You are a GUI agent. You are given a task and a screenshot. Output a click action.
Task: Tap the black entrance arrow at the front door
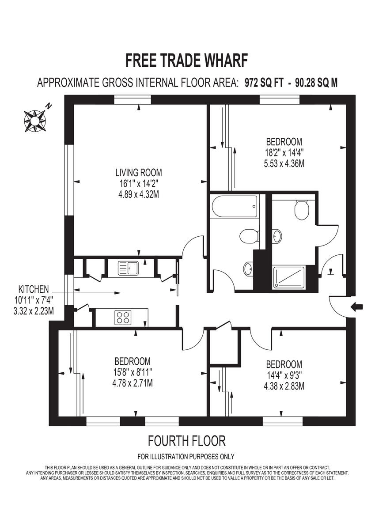tap(356, 307)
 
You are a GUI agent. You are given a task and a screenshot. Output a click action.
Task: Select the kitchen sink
tap(128, 268)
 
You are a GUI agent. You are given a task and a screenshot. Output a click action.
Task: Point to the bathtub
tap(235, 208)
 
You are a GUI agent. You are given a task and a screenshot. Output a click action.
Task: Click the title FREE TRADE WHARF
tap(187, 60)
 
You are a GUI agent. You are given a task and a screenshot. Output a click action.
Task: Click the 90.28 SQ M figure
tap(315, 83)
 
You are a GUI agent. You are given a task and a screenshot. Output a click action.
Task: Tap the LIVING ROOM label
tap(139, 172)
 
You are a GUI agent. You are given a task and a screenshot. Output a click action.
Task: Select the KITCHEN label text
tap(34, 289)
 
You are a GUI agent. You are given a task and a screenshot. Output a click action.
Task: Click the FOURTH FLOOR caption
tap(187, 440)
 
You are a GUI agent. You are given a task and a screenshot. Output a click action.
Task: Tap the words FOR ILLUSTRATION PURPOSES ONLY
tap(186, 457)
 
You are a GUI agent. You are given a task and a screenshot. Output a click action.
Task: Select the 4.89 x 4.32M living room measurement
tap(139, 194)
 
